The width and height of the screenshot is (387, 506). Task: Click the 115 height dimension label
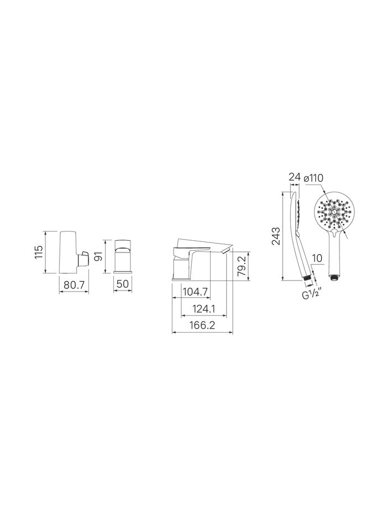[x=39, y=252]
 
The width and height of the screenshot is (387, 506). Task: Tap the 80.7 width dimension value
[x=74, y=284]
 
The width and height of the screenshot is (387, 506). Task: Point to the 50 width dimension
[x=123, y=284]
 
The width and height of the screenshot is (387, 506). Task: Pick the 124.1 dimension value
[x=203, y=309]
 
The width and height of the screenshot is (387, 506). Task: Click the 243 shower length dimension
[x=276, y=236]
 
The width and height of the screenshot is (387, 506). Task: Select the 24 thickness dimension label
[x=295, y=177]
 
